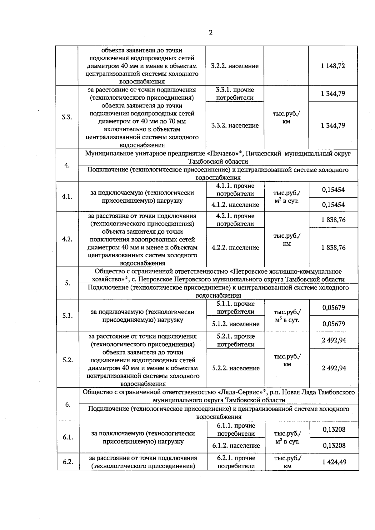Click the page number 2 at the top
click(211, 33)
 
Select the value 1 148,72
click(333, 66)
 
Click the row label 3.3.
click(67, 117)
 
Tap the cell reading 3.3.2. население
click(235, 126)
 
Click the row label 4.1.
click(67, 197)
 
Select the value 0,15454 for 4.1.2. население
click(333, 205)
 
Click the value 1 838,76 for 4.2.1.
click(333, 220)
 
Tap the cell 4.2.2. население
click(235, 248)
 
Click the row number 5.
click(67, 283)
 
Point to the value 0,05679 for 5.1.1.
click(334, 308)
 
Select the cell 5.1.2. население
click(236, 324)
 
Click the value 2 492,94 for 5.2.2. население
click(334, 368)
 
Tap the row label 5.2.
click(67, 360)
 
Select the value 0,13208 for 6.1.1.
click(334, 429)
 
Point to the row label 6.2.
click(68, 462)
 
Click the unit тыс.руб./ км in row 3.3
click(286, 117)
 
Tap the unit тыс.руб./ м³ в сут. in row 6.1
click(287, 438)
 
